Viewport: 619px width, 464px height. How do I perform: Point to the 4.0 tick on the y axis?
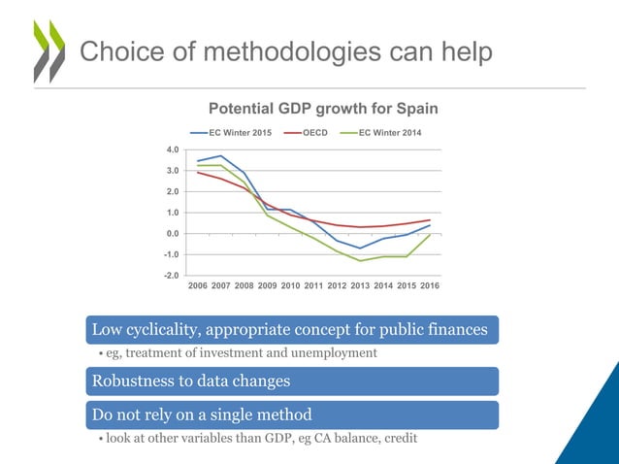(x=172, y=149)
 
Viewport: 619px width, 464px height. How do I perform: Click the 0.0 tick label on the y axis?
(x=172, y=234)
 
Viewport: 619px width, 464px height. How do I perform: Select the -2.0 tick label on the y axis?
(x=170, y=276)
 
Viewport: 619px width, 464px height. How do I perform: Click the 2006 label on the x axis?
(x=197, y=287)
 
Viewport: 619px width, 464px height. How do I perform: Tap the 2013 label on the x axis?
(x=360, y=287)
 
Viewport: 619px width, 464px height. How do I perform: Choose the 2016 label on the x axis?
(x=430, y=287)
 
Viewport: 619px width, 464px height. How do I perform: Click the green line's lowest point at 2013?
(x=360, y=260)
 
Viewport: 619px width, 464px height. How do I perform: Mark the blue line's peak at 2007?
(x=220, y=155)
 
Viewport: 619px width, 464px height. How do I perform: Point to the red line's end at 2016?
(x=430, y=219)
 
